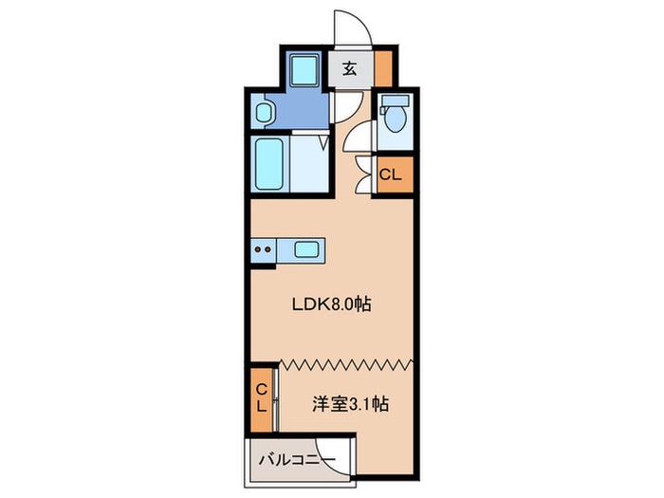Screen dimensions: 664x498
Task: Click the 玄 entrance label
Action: (x=349, y=68)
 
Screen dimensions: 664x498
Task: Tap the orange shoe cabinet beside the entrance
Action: (x=383, y=68)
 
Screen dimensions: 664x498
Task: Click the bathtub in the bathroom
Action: (x=269, y=164)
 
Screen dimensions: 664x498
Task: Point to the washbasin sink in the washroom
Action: (x=264, y=113)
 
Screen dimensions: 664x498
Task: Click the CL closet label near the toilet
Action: (x=390, y=175)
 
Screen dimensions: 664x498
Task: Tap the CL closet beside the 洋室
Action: (x=262, y=399)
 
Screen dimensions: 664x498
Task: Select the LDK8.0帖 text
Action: (x=332, y=304)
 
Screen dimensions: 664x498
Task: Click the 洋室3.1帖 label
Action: (x=350, y=404)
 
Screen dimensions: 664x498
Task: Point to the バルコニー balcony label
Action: (x=297, y=459)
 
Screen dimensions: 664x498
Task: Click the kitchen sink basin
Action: (x=306, y=249)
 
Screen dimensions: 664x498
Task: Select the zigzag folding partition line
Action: (x=347, y=363)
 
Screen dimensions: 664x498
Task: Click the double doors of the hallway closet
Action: (x=363, y=175)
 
